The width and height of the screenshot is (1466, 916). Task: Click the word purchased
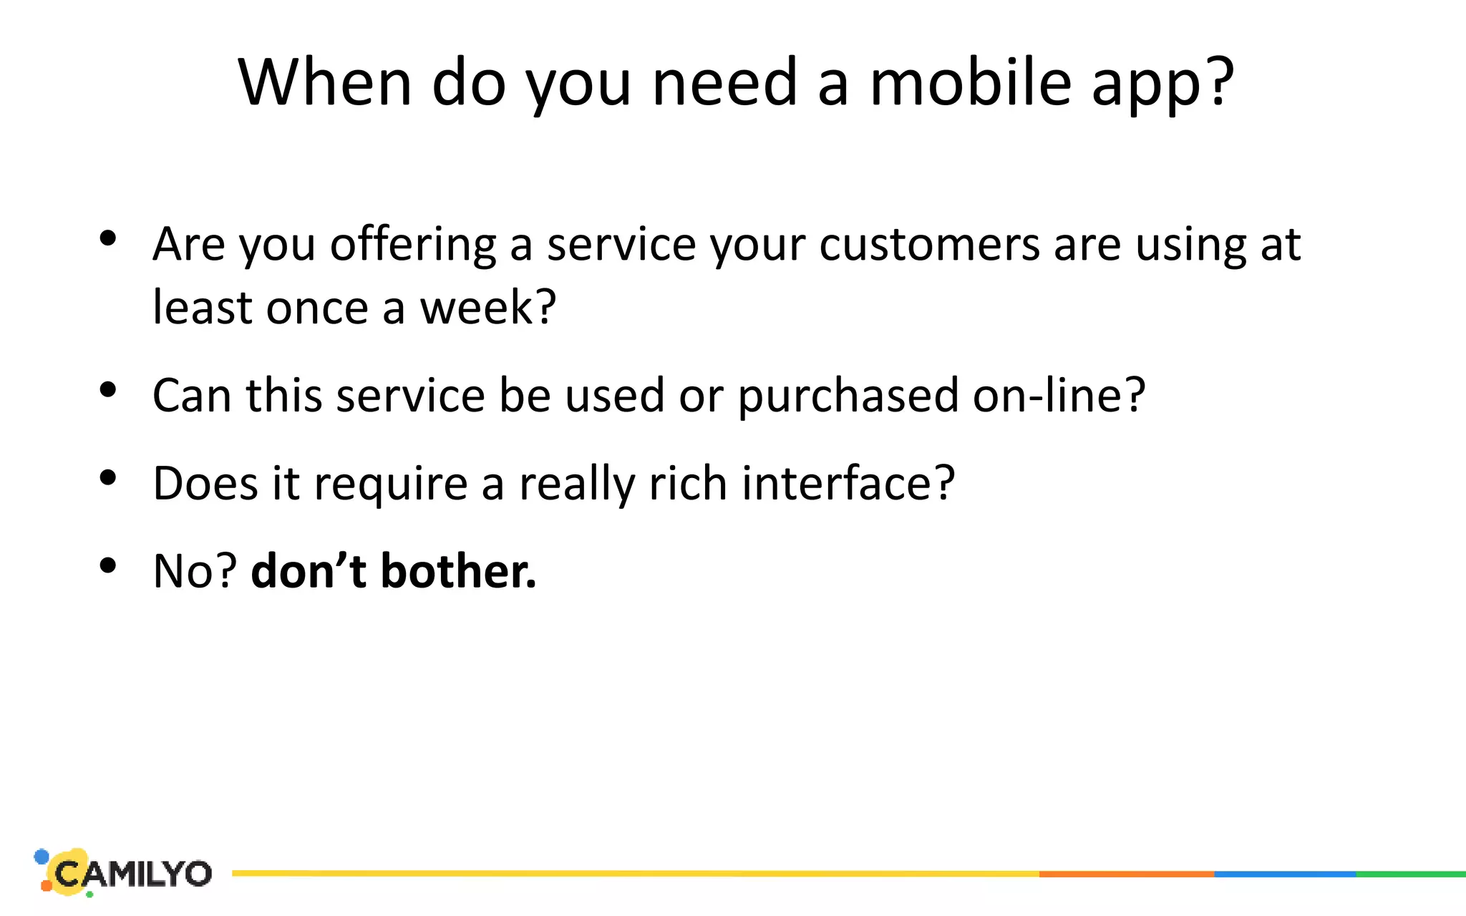848,396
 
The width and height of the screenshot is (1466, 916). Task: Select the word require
391,484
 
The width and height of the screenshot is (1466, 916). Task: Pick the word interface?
848,483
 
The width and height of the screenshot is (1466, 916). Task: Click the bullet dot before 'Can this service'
108,390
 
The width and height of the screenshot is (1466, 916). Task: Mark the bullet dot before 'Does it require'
108,478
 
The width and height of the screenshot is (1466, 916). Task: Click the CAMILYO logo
125,873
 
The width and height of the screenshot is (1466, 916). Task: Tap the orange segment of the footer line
1126,874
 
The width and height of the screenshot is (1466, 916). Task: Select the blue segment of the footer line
1285,874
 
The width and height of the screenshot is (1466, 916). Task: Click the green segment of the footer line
1411,874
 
